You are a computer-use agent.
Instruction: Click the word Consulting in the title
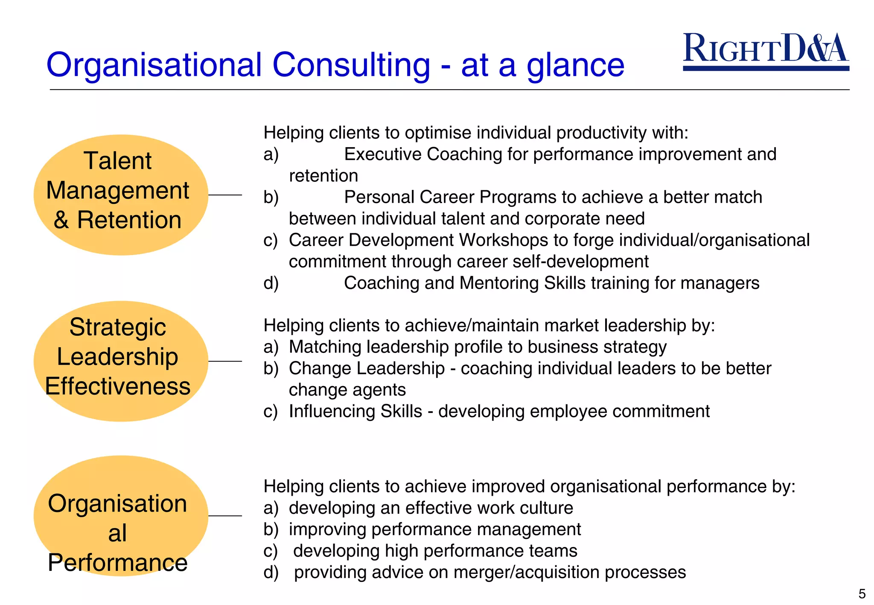click(351, 65)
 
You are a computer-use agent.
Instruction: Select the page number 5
click(862, 593)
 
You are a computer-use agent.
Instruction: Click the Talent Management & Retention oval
click(121, 195)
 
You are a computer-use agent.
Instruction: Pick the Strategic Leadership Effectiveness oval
click(121, 361)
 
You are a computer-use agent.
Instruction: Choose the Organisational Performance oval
click(121, 516)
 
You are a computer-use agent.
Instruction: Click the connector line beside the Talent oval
click(225, 195)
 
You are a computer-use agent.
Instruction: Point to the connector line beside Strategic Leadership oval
click(225, 361)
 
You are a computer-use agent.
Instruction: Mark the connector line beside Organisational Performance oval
click(225, 516)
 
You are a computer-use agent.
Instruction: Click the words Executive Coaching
click(423, 154)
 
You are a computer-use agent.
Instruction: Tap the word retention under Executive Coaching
click(323, 176)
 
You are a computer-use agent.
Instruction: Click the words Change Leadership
click(367, 369)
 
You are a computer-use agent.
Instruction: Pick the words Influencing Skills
click(355, 411)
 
